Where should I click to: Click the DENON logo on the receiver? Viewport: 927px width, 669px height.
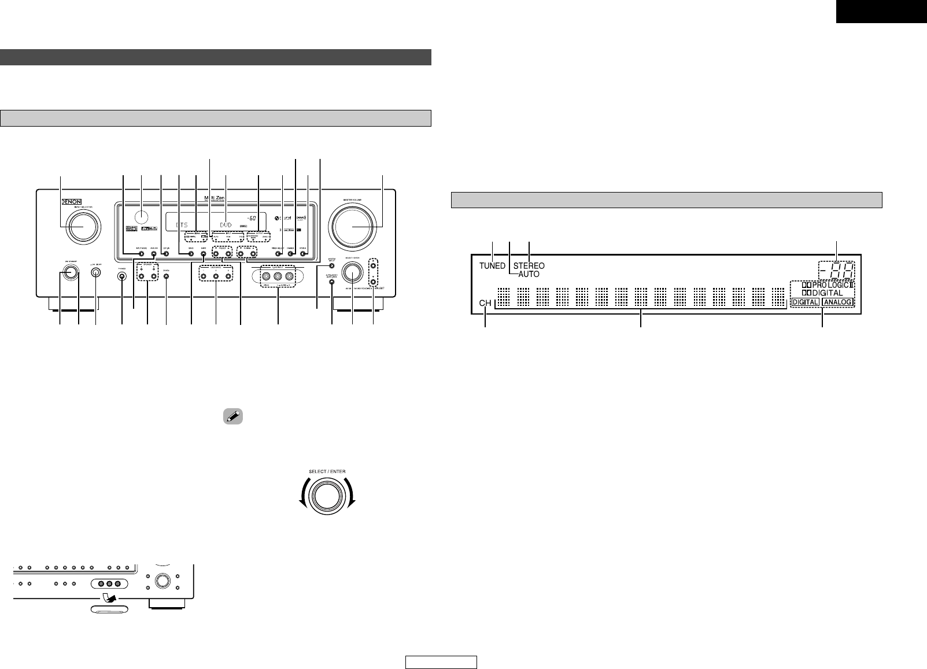point(71,204)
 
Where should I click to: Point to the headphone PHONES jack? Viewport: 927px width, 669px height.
point(122,276)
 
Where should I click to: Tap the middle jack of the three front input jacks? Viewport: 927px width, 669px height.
point(278,276)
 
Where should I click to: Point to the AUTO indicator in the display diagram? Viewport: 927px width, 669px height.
point(529,275)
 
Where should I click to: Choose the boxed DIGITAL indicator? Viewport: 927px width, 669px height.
point(805,302)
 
